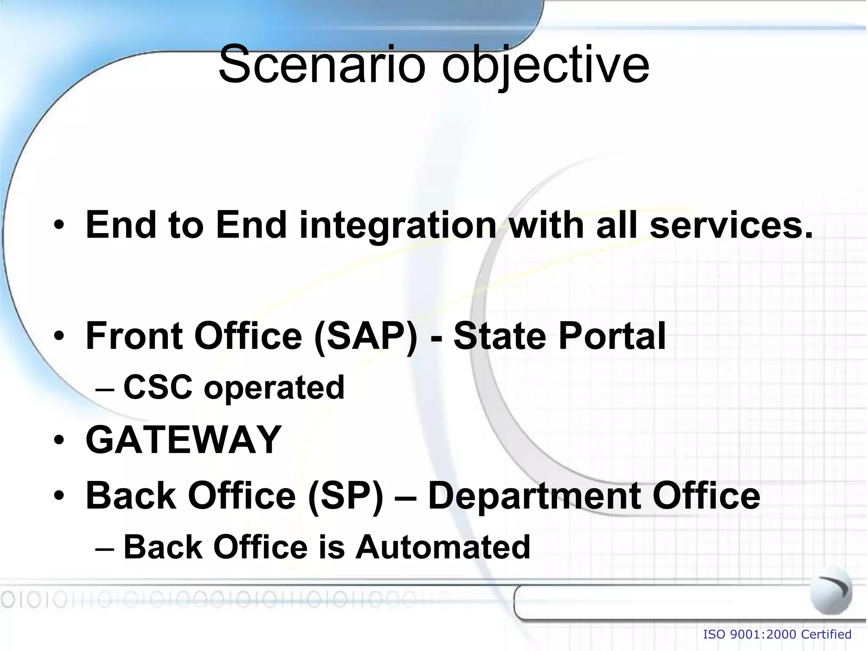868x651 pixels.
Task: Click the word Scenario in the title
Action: (x=321, y=65)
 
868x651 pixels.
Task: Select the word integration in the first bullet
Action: (x=398, y=225)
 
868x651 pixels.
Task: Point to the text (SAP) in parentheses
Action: (x=366, y=336)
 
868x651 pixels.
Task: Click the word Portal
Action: (x=612, y=336)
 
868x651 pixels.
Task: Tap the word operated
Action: (x=274, y=387)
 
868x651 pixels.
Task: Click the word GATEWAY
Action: (x=184, y=440)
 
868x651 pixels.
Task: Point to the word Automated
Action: (x=443, y=547)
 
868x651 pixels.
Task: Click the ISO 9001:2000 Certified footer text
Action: (x=777, y=634)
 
